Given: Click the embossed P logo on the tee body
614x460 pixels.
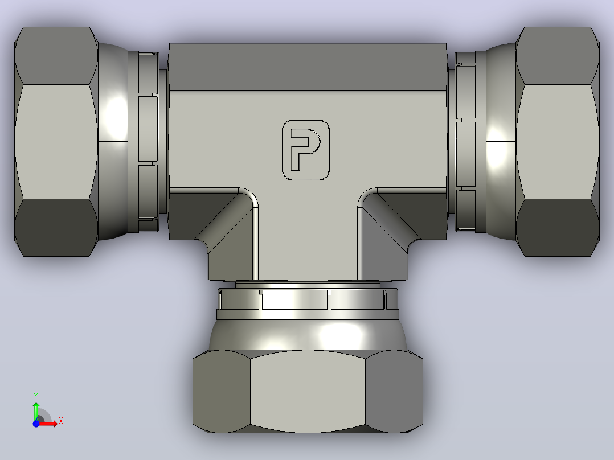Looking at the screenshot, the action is (306, 150).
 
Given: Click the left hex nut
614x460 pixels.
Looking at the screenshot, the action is (56, 142).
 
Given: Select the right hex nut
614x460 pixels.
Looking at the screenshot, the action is (558, 142).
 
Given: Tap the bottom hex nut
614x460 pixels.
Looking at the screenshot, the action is (308, 391).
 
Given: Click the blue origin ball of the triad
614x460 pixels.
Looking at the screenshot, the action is (36, 424).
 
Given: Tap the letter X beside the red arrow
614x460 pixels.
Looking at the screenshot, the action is (61, 421).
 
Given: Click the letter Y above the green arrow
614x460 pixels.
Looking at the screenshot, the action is (36, 396).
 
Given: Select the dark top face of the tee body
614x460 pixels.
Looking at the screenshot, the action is (308, 67).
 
